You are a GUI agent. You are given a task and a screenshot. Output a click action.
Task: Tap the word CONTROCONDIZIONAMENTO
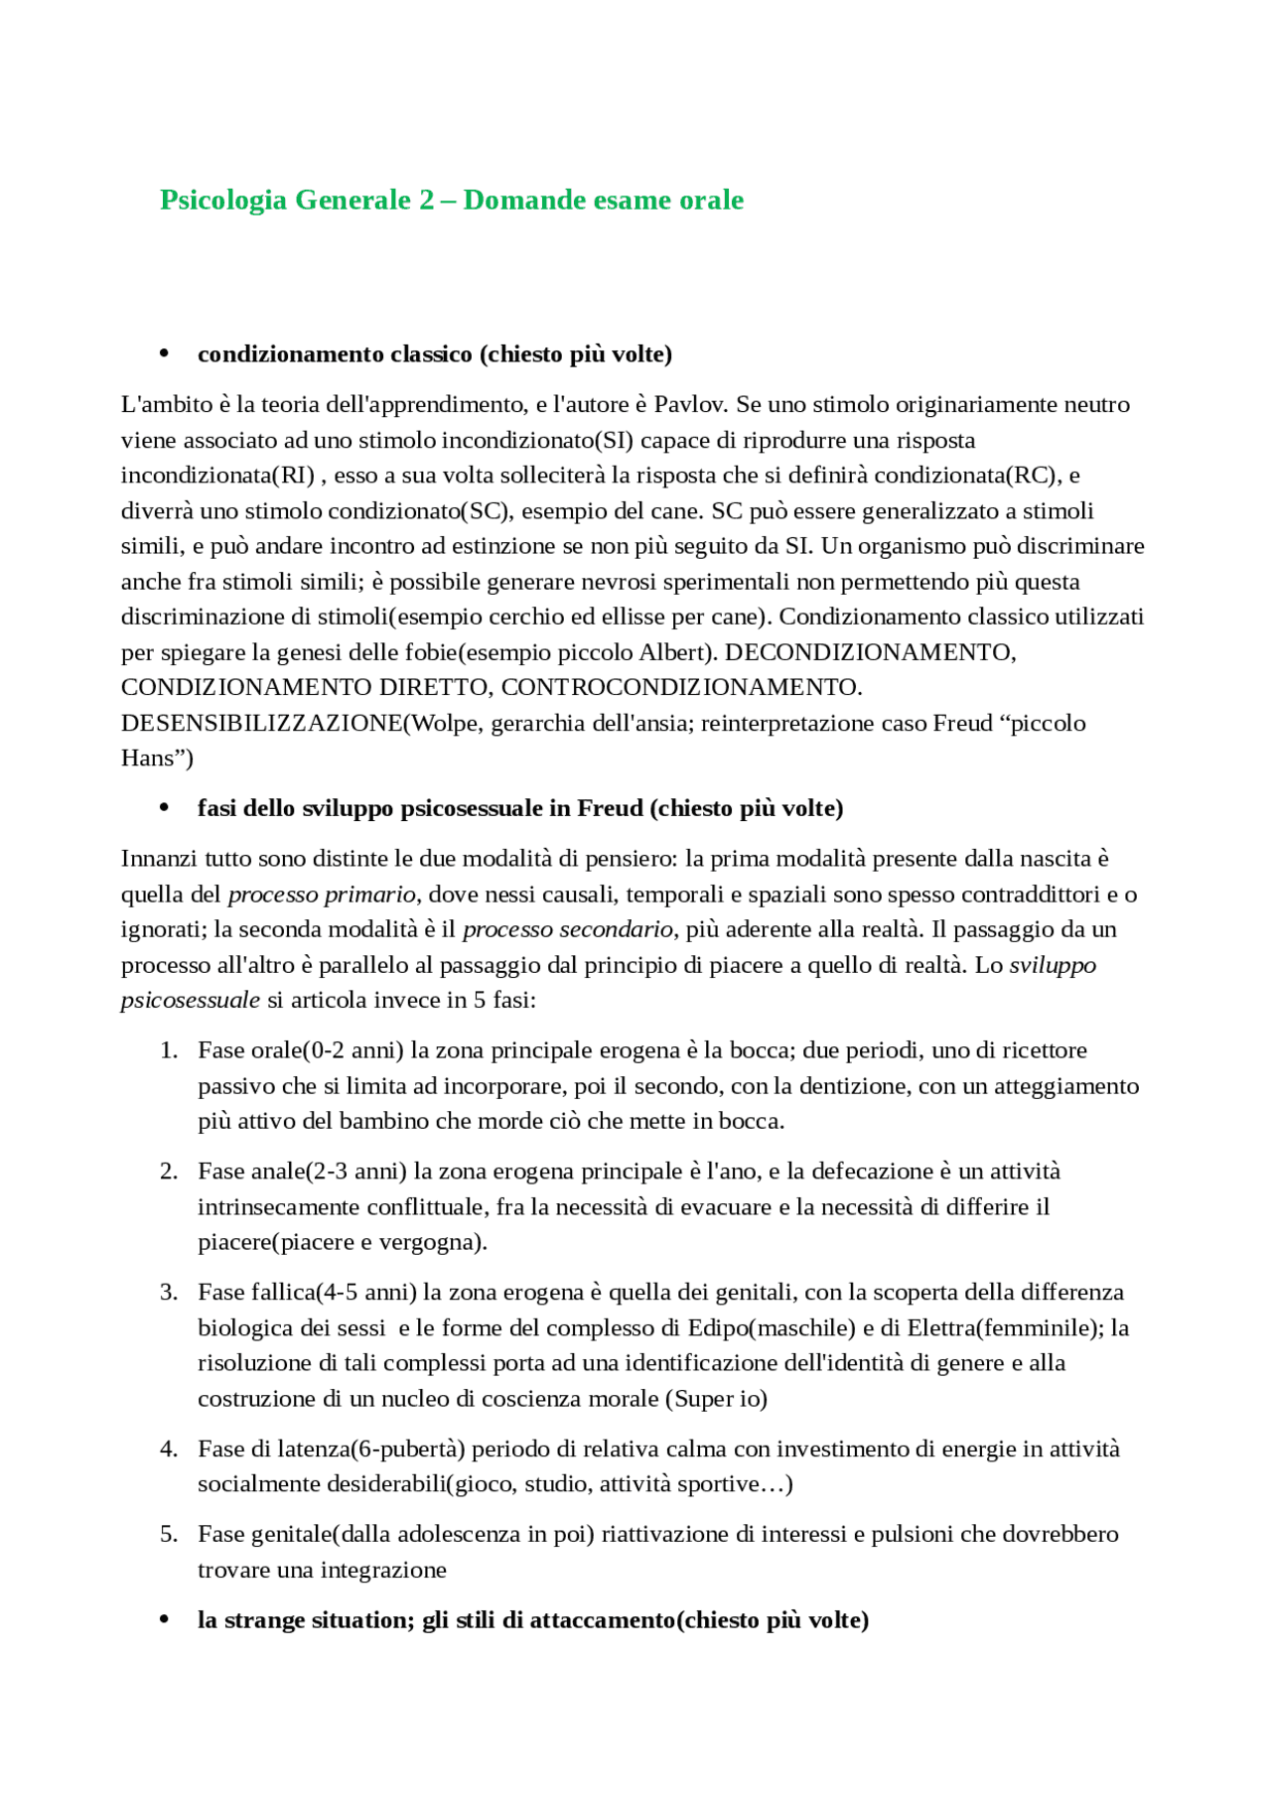(681, 687)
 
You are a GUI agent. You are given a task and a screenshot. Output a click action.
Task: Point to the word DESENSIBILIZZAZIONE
(261, 723)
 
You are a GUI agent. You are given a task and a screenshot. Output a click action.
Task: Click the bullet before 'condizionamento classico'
(165, 354)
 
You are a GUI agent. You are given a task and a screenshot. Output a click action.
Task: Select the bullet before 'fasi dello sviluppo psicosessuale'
(165, 808)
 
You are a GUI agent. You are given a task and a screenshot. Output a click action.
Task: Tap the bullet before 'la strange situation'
(165, 1620)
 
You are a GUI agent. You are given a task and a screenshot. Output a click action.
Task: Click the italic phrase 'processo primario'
(322, 895)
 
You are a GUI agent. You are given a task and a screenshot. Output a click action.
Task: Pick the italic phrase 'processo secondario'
(567, 929)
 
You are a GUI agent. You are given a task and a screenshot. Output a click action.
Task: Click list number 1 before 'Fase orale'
(169, 1050)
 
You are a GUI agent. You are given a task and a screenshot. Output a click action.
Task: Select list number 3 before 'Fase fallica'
(169, 1293)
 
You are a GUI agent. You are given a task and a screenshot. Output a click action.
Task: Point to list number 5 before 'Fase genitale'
(169, 1535)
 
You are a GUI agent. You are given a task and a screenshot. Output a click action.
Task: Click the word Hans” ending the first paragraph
(157, 759)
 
